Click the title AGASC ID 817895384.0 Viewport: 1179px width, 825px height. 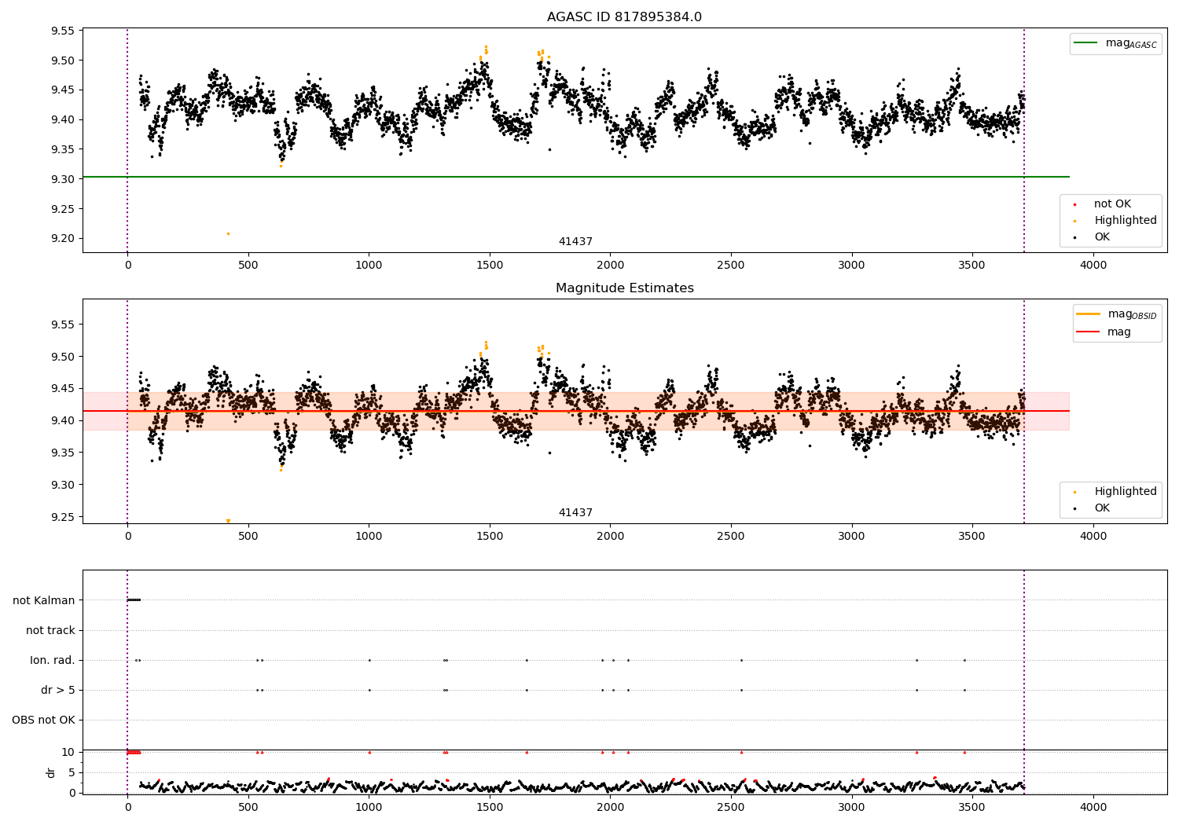(x=624, y=16)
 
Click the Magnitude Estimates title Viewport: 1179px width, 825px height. (x=625, y=288)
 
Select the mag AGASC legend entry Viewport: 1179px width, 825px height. (x=1116, y=43)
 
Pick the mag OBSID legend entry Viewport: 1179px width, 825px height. (x=1116, y=314)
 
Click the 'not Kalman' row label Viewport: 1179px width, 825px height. (x=44, y=600)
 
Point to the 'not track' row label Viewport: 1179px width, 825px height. (x=50, y=630)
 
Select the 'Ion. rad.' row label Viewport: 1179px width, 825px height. (x=53, y=660)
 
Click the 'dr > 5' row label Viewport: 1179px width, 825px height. (x=58, y=691)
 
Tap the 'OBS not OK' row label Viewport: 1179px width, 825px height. (x=44, y=720)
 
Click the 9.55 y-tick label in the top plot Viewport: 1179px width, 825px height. (x=63, y=31)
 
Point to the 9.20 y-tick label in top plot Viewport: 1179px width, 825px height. (x=63, y=238)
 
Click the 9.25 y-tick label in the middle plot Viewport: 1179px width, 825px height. (x=63, y=517)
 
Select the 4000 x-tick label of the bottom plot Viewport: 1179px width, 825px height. (x=1093, y=808)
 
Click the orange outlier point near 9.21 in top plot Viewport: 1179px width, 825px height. (x=229, y=233)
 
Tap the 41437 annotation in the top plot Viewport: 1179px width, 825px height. (x=575, y=241)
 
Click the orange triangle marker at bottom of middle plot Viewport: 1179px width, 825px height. (x=229, y=521)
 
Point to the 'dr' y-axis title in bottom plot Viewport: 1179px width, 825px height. (x=50, y=773)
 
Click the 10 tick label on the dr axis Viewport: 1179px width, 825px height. (x=68, y=753)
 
